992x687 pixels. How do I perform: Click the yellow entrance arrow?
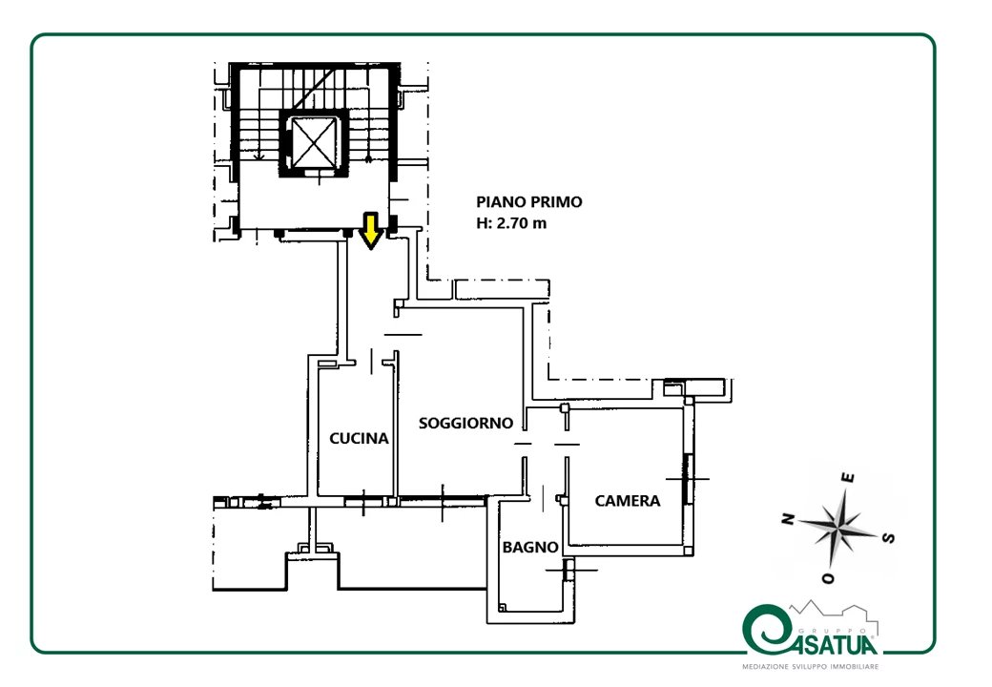(x=371, y=231)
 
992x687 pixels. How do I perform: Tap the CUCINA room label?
(x=359, y=438)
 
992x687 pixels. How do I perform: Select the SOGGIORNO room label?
(x=465, y=424)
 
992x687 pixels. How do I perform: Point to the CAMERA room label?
(x=628, y=501)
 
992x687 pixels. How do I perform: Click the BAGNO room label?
(x=530, y=547)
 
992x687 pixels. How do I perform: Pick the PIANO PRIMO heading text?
(x=528, y=201)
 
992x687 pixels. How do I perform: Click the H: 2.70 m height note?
(x=511, y=223)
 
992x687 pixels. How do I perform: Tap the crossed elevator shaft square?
(x=313, y=143)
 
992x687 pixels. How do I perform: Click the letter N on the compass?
(x=788, y=519)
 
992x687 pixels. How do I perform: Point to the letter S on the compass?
(x=889, y=538)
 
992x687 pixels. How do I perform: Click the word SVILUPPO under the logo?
(x=809, y=667)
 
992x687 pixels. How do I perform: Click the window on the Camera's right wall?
(x=689, y=479)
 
